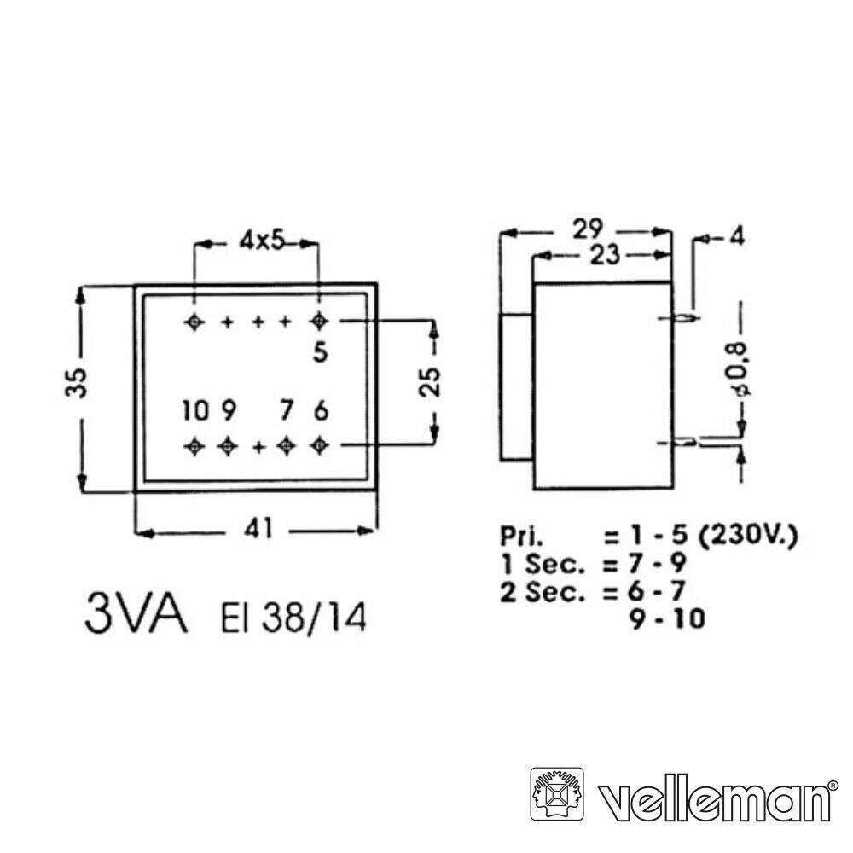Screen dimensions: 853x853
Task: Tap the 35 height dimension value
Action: coord(79,383)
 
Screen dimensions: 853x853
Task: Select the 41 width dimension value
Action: coord(257,530)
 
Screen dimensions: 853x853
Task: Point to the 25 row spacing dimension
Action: coord(434,383)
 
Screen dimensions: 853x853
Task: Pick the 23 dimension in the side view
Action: coord(602,253)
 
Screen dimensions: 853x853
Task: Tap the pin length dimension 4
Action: coord(734,238)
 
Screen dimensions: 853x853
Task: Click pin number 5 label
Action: coord(321,351)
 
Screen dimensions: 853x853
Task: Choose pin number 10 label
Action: coord(194,412)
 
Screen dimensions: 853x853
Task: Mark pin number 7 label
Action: coord(288,412)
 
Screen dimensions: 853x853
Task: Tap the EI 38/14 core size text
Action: coord(294,619)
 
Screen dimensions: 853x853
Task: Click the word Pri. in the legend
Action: coord(522,537)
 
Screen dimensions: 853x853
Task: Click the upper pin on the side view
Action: coord(685,320)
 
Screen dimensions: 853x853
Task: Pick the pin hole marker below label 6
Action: coord(320,444)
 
